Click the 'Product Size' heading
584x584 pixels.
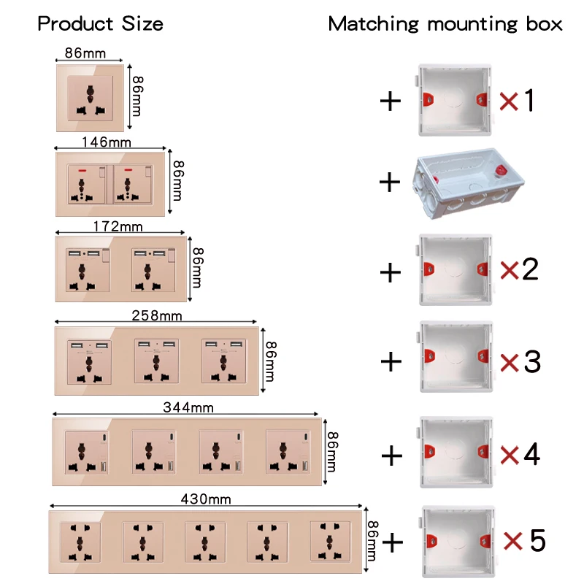tap(100, 23)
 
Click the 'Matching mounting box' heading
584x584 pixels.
tap(445, 23)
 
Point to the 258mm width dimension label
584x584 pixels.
tap(156, 315)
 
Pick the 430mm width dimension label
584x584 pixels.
tap(206, 499)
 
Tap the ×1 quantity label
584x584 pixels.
tap(518, 101)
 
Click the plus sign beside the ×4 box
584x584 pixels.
tap(392, 456)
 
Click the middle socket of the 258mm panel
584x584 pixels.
tap(157, 361)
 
